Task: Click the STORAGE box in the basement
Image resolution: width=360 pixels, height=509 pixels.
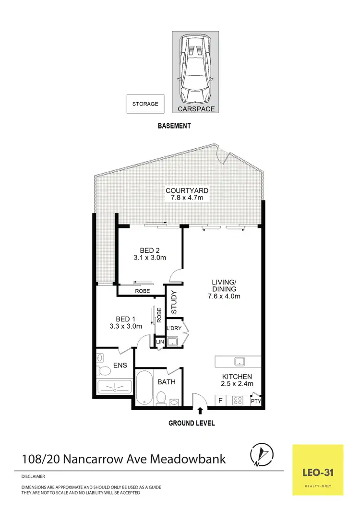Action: [145, 104]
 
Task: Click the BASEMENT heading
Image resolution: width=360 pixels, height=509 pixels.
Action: [175, 126]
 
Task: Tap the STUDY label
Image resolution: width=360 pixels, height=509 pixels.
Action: [174, 302]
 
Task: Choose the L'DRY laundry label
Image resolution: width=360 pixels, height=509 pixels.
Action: [173, 328]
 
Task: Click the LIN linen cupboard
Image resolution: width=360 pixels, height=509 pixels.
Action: [159, 342]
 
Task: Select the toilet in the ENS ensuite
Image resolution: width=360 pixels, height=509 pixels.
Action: [103, 370]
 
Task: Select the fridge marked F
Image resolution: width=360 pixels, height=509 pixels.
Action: [220, 399]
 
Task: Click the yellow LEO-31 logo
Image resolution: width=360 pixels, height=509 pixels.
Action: [318, 470]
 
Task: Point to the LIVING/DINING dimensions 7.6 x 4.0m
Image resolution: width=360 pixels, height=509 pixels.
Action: [223, 296]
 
